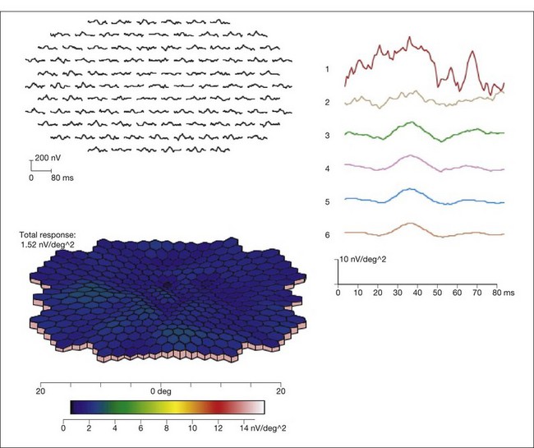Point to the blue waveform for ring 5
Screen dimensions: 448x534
(411, 193)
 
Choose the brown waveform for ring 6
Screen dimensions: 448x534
(411, 224)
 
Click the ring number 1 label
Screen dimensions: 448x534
(327, 69)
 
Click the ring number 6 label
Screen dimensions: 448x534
(327, 234)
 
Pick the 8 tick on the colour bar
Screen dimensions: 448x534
(168, 427)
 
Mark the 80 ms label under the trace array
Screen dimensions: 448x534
(62, 177)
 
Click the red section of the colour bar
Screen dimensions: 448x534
(215, 407)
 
